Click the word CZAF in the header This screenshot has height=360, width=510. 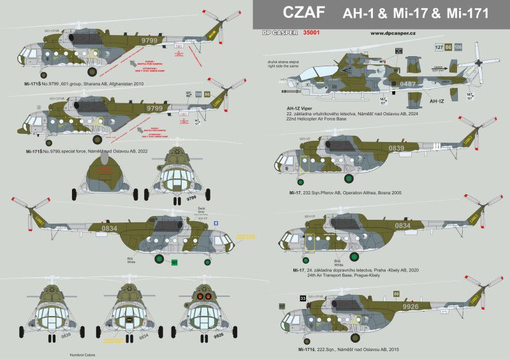(x=298, y=15)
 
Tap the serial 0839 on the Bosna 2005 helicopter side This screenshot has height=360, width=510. (x=396, y=148)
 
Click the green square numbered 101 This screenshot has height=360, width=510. (x=174, y=262)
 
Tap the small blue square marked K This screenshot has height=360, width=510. (x=215, y=222)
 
